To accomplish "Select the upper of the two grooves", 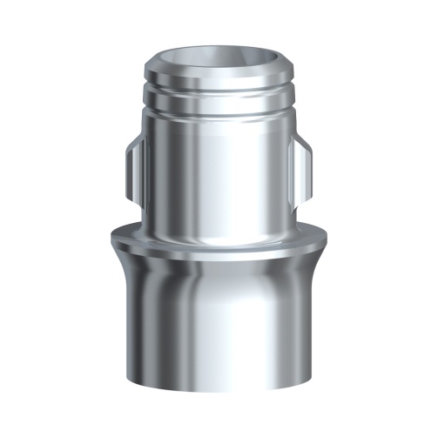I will click(219, 91).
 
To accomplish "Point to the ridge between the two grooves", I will click(219, 100).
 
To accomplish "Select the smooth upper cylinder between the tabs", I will click(219, 174).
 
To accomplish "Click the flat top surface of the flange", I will click(219, 242).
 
